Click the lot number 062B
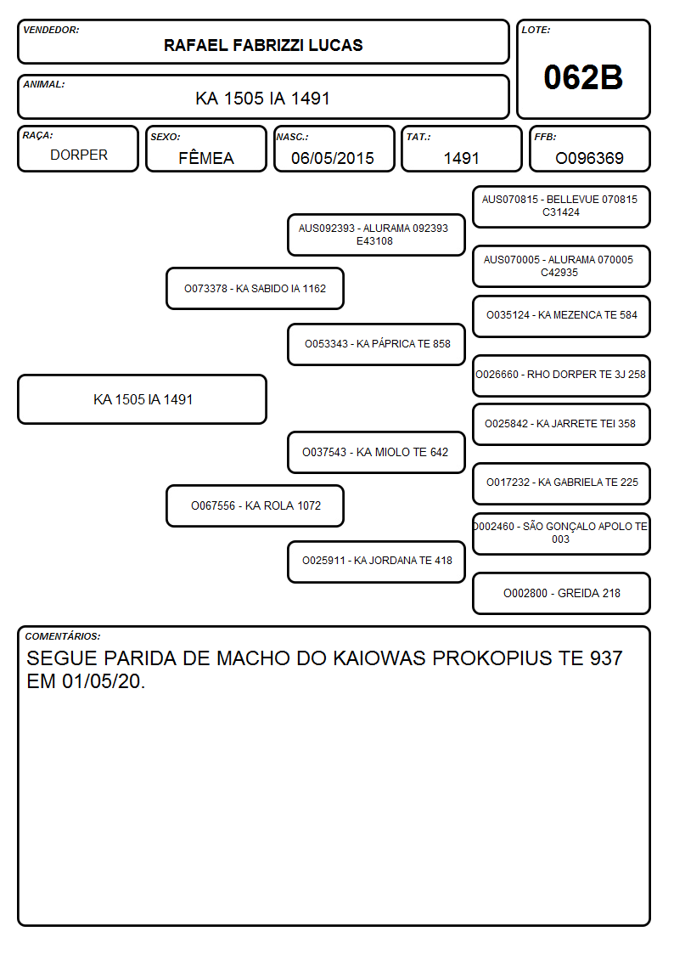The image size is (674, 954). tap(583, 77)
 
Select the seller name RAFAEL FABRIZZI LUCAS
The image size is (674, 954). tap(263, 45)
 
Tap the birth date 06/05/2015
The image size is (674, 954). tap(333, 158)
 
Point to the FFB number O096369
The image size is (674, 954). tap(589, 158)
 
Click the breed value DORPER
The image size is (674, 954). tap(79, 155)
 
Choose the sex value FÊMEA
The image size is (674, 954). tap(206, 157)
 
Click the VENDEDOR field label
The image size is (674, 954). tap(51, 30)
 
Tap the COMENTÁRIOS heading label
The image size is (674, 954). tap(63, 636)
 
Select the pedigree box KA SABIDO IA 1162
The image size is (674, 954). tap(256, 288)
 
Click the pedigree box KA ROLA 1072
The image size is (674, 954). tap(256, 505)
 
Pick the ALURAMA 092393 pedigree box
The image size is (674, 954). tap(377, 234)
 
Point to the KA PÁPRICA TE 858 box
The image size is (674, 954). tap(377, 344)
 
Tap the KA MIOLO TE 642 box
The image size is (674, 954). tap(377, 452)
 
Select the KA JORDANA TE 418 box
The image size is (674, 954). tap(377, 561)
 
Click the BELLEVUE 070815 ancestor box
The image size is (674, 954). tap(562, 206)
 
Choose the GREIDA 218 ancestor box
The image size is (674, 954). tap(562, 593)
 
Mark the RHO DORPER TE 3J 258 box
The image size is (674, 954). tap(562, 375)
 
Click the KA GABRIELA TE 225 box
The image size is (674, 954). tap(562, 483)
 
